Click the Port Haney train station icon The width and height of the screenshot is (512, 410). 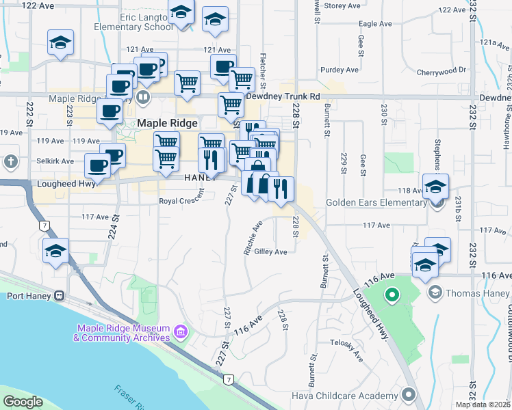click(60, 296)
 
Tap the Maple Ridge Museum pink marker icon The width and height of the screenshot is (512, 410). click(180, 332)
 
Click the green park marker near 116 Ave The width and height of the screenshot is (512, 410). click(392, 295)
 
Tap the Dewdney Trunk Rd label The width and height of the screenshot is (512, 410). click(283, 96)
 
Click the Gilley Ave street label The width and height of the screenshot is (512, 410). click(270, 251)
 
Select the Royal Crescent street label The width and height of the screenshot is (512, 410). click(181, 200)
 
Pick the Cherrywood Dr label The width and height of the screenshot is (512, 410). click(441, 70)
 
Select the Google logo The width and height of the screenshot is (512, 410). click(23, 402)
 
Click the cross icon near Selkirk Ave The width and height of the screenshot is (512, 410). click(10, 162)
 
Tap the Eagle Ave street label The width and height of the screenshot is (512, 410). click(375, 23)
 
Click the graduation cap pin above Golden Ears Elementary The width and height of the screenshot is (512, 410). click(435, 187)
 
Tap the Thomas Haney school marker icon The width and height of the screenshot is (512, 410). click(434, 293)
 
